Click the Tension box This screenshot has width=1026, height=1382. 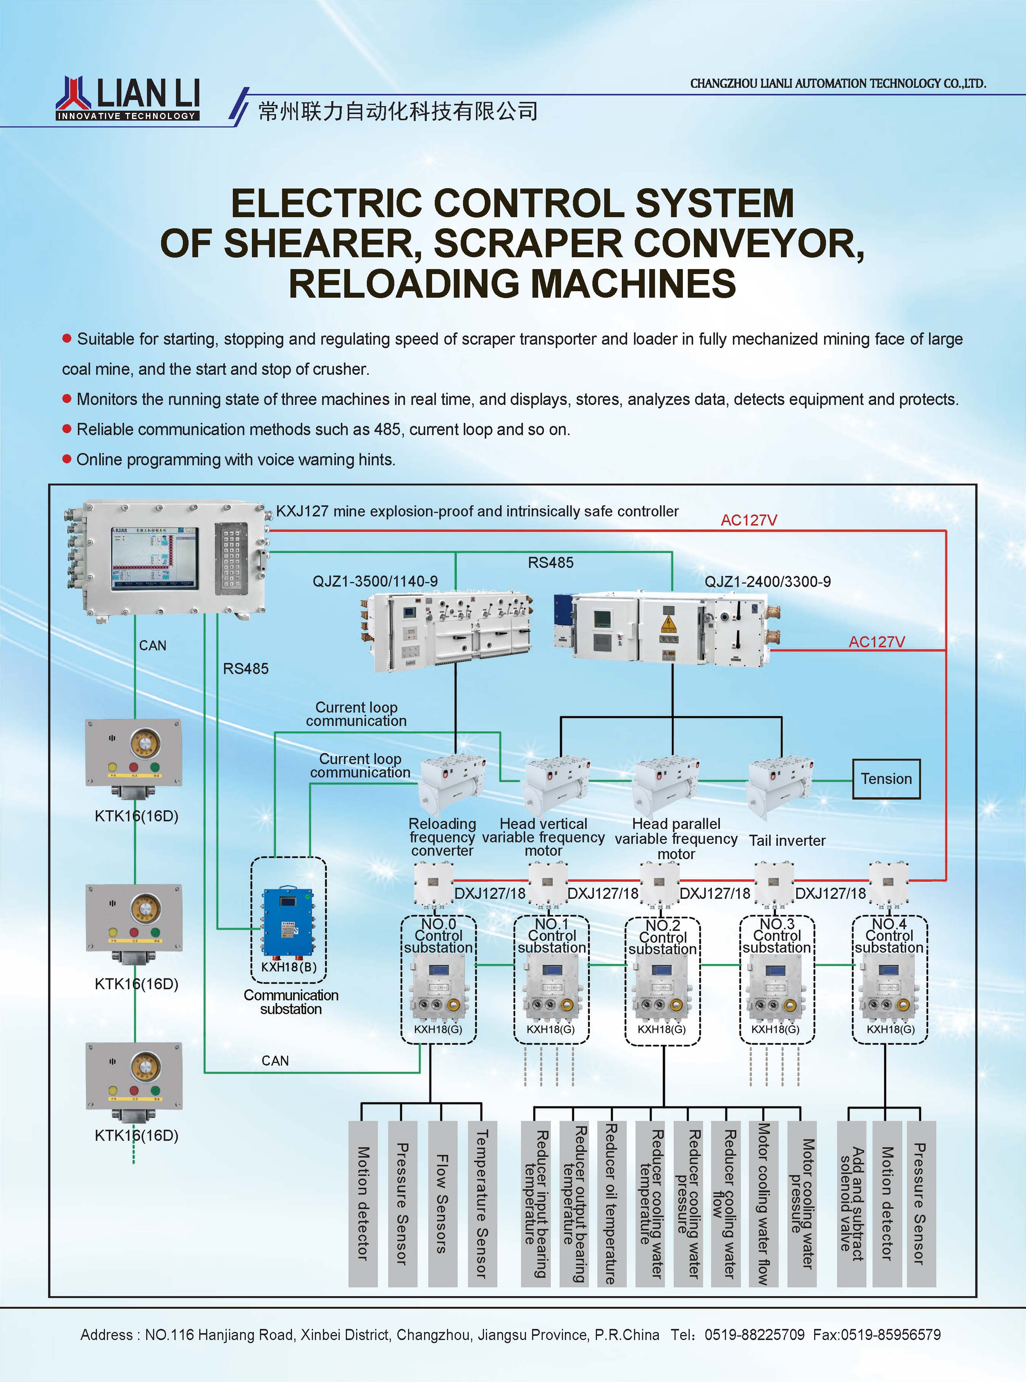coord(886,779)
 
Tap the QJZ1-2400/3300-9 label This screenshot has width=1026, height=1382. coord(767,582)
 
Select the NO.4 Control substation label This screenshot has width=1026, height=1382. coord(889,936)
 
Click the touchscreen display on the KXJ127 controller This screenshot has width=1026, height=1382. coord(155,559)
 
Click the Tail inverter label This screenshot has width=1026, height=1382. coord(787,841)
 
